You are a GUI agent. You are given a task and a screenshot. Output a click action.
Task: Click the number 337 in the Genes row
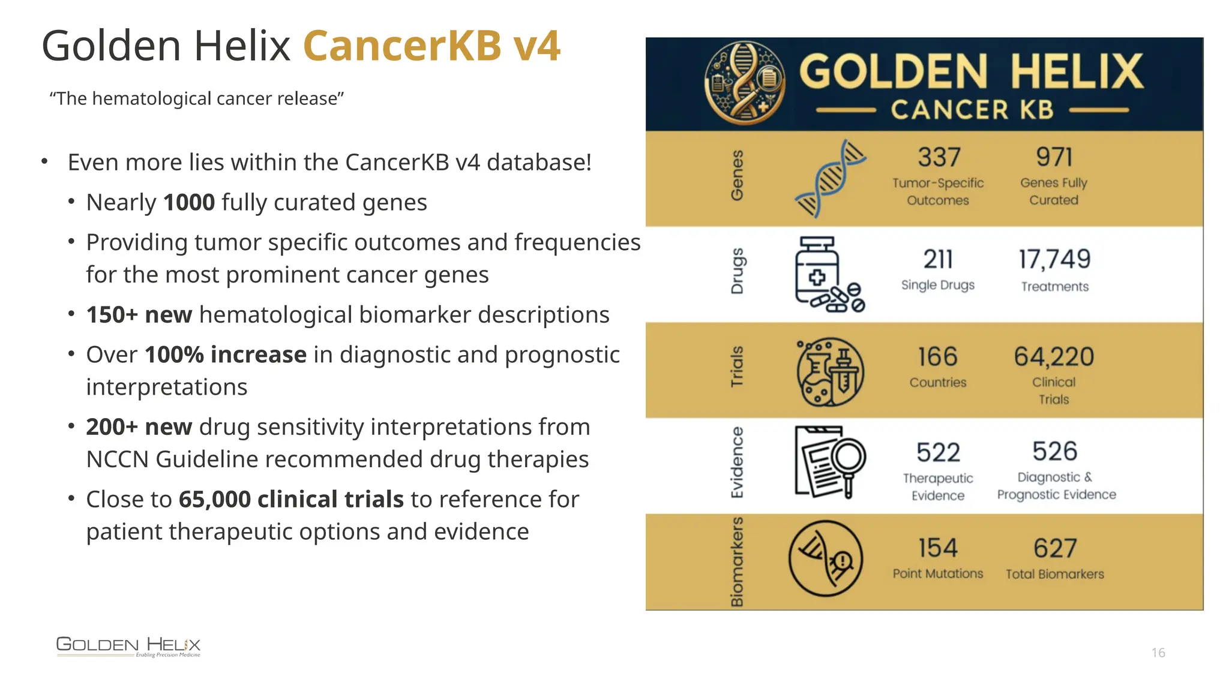939,158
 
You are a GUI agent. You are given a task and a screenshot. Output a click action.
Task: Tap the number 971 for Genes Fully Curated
1054,158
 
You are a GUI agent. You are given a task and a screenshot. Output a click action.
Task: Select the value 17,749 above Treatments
1054,260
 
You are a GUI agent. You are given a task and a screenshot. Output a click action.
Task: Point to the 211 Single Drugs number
938,260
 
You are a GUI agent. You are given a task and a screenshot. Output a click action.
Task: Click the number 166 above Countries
937,357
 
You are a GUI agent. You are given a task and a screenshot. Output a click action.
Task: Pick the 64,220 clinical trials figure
1054,357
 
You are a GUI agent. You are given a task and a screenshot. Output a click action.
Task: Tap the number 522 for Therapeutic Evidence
938,453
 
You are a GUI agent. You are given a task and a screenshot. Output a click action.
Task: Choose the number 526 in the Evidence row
1054,452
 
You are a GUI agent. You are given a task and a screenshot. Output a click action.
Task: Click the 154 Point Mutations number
938,548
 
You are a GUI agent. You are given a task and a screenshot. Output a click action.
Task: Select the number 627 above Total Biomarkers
1054,548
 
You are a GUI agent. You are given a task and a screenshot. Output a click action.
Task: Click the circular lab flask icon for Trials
830,372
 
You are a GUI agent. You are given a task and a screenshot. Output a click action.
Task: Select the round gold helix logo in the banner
744,83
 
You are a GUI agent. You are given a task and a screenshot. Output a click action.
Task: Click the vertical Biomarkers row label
737,561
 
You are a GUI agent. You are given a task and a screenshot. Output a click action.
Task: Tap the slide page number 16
1158,653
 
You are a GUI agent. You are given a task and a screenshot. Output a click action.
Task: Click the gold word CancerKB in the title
402,46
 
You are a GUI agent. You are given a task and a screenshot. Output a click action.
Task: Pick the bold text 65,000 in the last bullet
214,500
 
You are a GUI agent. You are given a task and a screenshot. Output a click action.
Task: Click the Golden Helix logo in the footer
128,646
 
